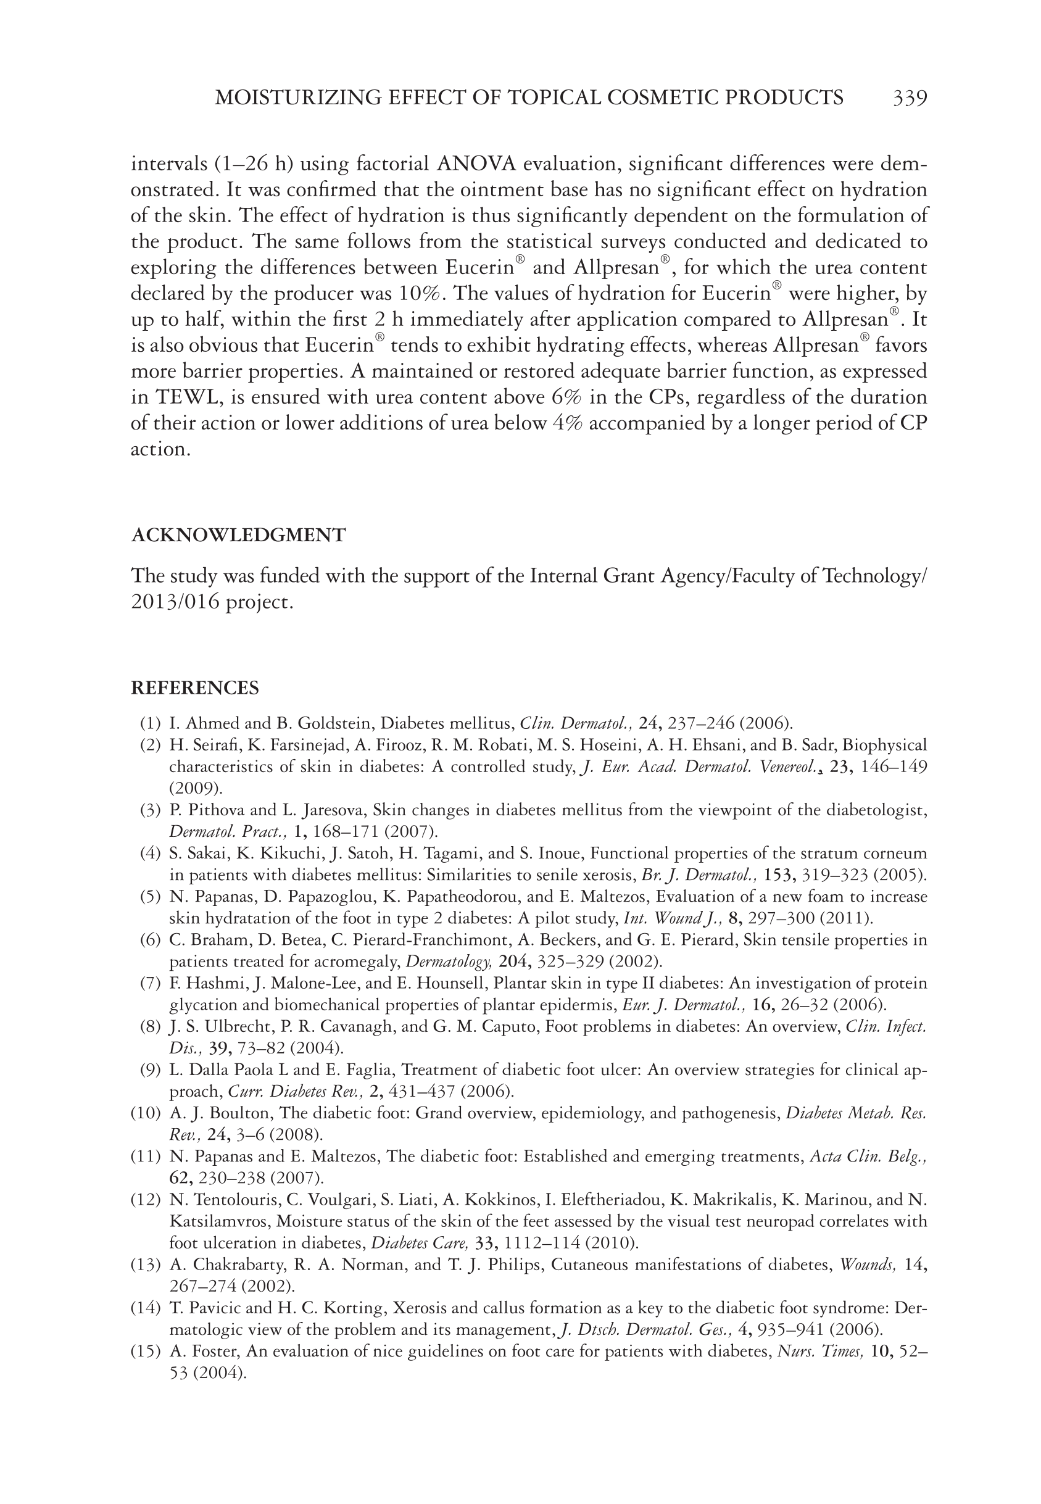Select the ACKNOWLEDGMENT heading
pyautogui.click(x=238, y=536)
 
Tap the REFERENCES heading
pyautogui.click(x=195, y=688)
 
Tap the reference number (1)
pyautogui.click(x=150, y=723)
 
